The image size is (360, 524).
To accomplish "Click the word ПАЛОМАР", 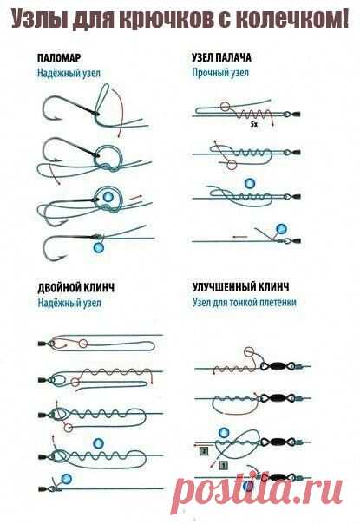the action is click(59, 58).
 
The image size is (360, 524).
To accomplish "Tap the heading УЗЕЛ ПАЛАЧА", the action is click(221, 57).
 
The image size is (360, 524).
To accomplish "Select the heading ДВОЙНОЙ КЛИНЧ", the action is click(75, 287).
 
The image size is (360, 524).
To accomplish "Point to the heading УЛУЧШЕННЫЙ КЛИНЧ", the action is click(240, 287).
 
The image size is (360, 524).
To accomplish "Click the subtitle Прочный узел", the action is click(220, 73).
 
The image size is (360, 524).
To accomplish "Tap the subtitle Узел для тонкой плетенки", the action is click(245, 303).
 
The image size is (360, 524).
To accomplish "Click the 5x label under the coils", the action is click(253, 124).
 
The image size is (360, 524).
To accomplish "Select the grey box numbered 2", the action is click(204, 451).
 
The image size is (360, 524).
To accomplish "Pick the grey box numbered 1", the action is click(224, 464).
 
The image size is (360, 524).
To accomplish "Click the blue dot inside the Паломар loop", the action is click(108, 197).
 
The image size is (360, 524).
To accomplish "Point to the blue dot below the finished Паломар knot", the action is click(98, 248).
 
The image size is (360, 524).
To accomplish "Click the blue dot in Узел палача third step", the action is click(250, 183).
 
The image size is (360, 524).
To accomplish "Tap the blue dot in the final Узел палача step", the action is click(281, 229).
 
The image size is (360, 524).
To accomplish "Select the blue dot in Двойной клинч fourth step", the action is click(98, 444).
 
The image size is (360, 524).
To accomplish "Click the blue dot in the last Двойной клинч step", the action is click(67, 479).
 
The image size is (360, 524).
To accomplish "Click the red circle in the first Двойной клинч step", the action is click(83, 344).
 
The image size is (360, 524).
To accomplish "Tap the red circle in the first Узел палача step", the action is click(226, 107).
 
